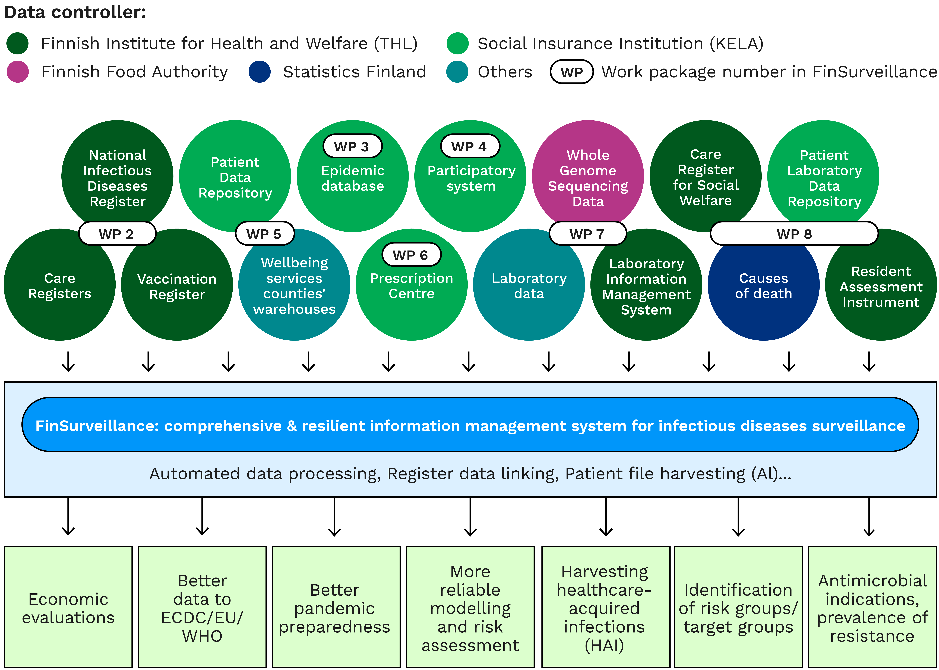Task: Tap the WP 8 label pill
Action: tap(794, 234)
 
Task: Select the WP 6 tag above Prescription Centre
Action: tap(411, 255)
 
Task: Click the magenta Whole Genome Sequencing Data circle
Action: tap(588, 177)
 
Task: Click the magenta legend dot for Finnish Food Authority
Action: tap(18, 72)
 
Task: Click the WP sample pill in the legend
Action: tap(572, 72)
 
